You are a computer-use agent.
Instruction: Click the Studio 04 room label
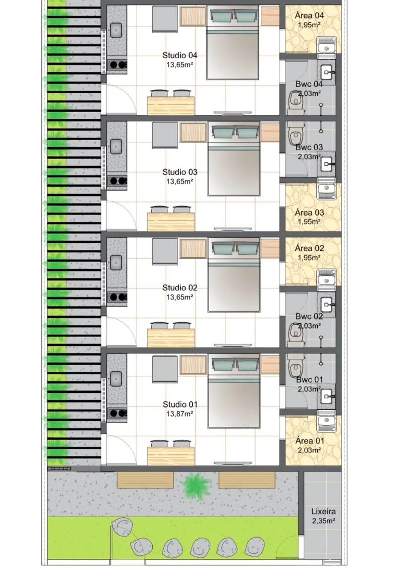[x=180, y=55]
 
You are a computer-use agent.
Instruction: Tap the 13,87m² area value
[x=179, y=414]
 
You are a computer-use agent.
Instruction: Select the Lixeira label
[x=324, y=511]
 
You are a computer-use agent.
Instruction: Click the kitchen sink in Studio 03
[x=116, y=147]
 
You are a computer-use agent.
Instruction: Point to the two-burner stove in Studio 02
[x=117, y=297]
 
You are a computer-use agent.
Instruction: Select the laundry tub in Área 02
[x=327, y=277]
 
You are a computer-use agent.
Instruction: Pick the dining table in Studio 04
[x=171, y=106]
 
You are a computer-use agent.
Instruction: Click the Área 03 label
[x=309, y=212]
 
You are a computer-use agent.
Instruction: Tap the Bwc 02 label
[x=309, y=317]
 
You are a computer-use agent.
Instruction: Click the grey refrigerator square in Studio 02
[x=165, y=251]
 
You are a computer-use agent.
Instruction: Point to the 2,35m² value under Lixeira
[x=323, y=521]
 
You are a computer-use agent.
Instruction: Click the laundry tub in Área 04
[x=327, y=45]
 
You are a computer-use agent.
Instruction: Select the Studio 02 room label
[x=180, y=288]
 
